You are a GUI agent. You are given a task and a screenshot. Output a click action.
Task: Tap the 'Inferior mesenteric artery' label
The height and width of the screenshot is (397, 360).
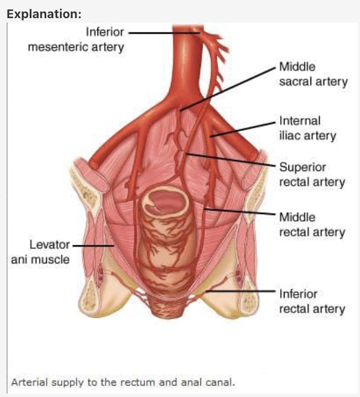click(x=76, y=40)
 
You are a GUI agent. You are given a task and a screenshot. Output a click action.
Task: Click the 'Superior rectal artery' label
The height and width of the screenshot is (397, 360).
click(x=312, y=174)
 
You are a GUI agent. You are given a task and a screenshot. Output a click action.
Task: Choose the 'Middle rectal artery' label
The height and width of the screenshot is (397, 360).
click(x=312, y=225)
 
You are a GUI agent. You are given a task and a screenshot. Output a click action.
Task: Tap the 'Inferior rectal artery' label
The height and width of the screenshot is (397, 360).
click(x=312, y=301)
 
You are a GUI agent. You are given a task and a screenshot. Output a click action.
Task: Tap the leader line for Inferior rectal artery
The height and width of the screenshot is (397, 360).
click(x=248, y=290)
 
